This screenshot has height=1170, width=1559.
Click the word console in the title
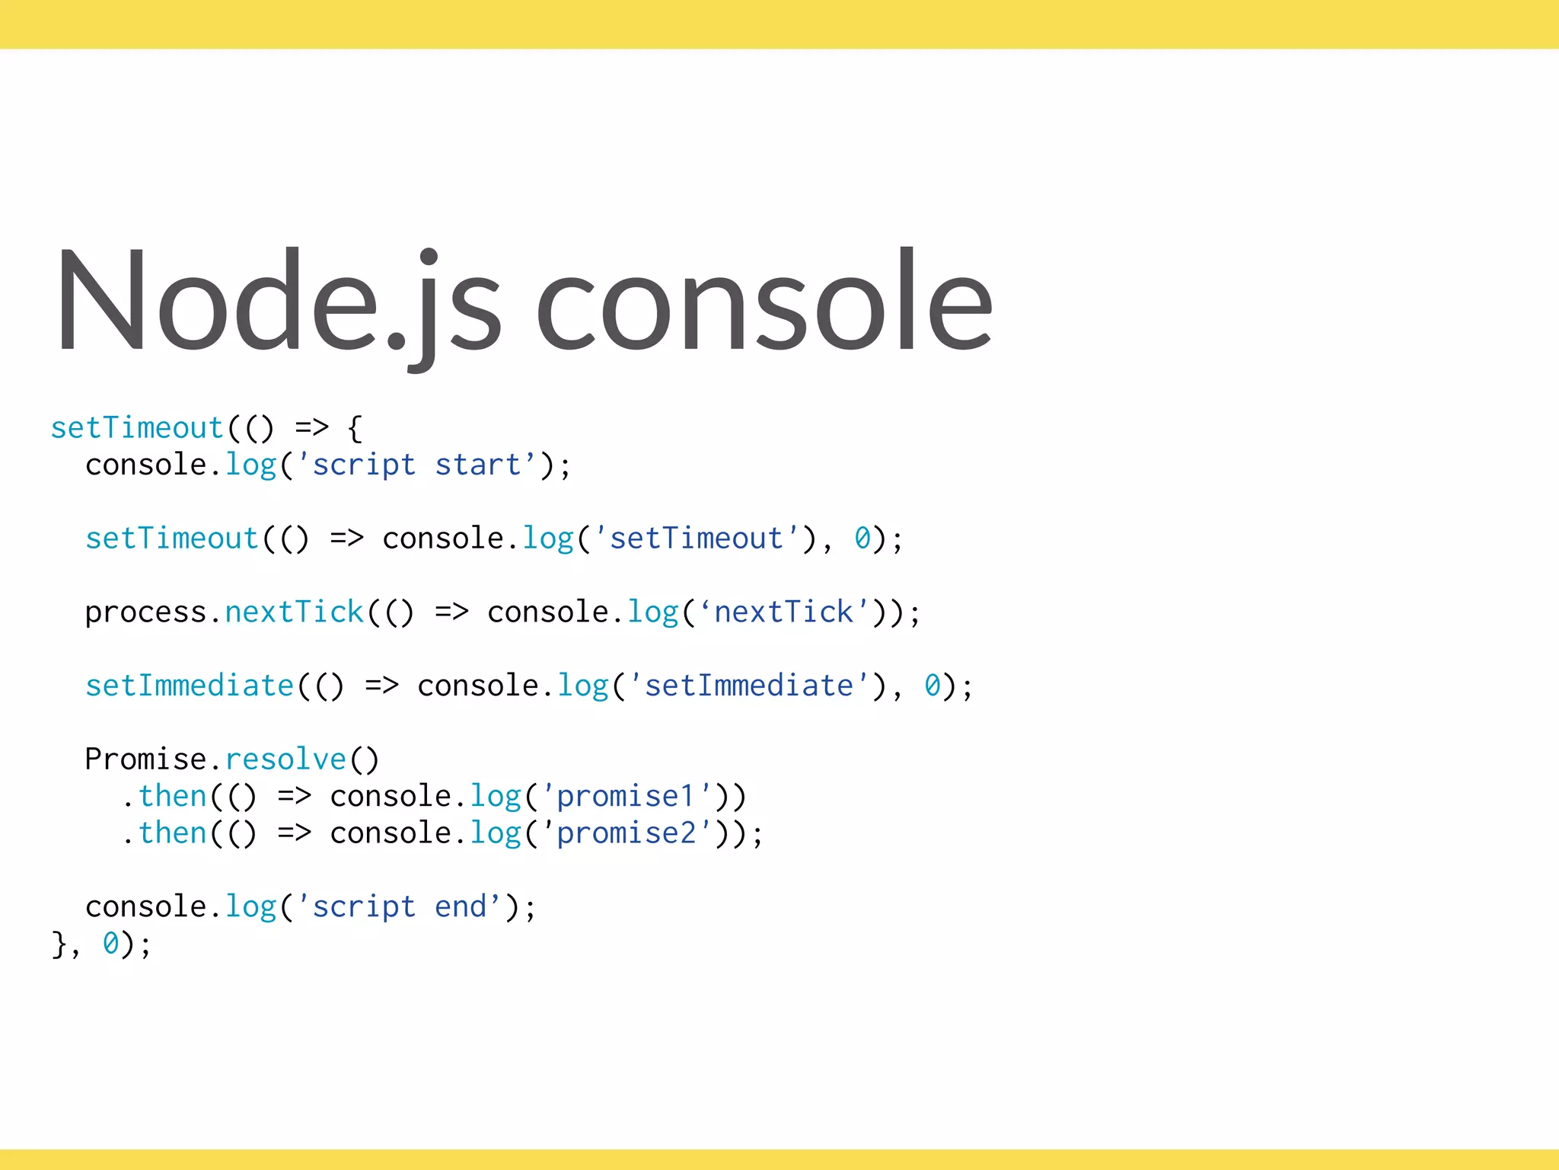click(x=764, y=301)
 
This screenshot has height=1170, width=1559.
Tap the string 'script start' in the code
click(x=417, y=465)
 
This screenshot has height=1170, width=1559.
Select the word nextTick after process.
click(x=294, y=612)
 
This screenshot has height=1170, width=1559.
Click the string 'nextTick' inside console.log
click(x=783, y=612)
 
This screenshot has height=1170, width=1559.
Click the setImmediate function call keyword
click(x=189, y=686)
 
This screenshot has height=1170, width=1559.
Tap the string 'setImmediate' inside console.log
click(x=749, y=686)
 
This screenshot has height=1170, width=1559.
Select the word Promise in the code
click(x=145, y=759)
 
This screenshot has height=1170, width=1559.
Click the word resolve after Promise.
click(x=285, y=759)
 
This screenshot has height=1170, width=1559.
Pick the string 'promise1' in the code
click(x=626, y=796)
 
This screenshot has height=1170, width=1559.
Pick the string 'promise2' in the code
click(x=626, y=833)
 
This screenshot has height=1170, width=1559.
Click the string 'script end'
click(x=400, y=906)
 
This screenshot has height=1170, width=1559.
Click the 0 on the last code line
click(x=110, y=943)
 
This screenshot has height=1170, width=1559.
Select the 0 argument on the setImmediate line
click(x=932, y=686)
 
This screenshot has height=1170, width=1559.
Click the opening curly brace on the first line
click(x=355, y=429)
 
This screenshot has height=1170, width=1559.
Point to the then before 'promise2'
click(x=172, y=833)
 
